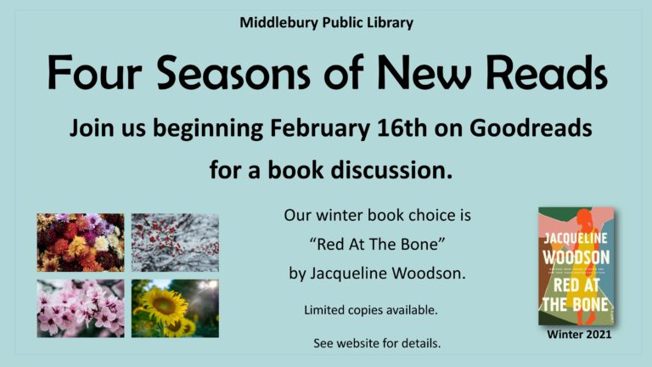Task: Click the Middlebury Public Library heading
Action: (x=326, y=22)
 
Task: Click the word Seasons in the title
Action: (x=233, y=73)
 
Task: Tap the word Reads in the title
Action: (x=547, y=73)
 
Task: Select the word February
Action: (x=319, y=127)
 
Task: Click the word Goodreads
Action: (x=531, y=127)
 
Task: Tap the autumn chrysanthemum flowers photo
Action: (x=81, y=243)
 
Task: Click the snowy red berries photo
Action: (x=175, y=243)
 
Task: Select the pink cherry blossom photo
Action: (x=81, y=308)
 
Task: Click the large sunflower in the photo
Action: (x=164, y=306)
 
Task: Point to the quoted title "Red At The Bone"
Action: (x=378, y=245)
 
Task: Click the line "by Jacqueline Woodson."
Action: (x=378, y=274)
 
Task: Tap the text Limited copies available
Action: (x=371, y=310)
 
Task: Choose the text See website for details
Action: (x=377, y=343)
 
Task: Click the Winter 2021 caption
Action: (x=579, y=334)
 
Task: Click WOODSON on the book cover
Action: (x=576, y=257)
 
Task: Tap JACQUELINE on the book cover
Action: (x=576, y=239)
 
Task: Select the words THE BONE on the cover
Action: (x=576, y=304)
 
